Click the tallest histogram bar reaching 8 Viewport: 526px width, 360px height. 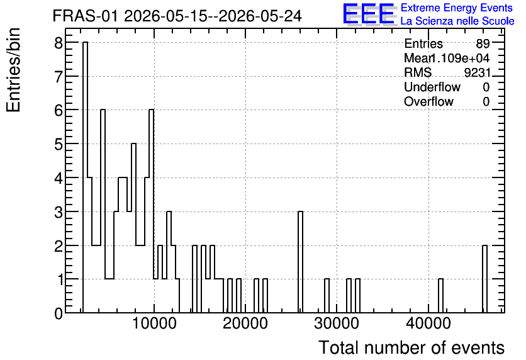coord(85,177)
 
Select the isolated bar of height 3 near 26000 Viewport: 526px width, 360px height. coord(300,262)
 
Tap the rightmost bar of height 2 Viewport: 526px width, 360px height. coord(484,279)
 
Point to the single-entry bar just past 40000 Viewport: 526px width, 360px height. coord(441,296)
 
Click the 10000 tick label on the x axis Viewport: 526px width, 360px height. coord(154,323)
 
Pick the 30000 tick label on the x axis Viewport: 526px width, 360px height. coord(337,323)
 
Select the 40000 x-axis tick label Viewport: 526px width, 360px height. coord(428,323)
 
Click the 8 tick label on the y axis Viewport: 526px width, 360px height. coord(59,43)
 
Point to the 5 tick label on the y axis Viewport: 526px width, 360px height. coord(59,144)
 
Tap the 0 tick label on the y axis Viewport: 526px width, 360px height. coord(59,313)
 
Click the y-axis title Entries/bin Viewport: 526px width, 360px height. coord(13,70)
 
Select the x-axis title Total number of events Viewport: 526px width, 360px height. coord(411,347)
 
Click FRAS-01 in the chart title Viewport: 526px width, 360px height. coord(86,16)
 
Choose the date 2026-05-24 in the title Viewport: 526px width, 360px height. coord(260,16)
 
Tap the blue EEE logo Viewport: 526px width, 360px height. coord(369,14)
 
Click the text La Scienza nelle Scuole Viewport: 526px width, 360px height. coord(457,21)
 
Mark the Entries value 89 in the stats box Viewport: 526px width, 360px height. coord(483,43)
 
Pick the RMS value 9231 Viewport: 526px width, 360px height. coord(478,72)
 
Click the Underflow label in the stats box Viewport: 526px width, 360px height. coord(432,87)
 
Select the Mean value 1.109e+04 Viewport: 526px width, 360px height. coord(459,58)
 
